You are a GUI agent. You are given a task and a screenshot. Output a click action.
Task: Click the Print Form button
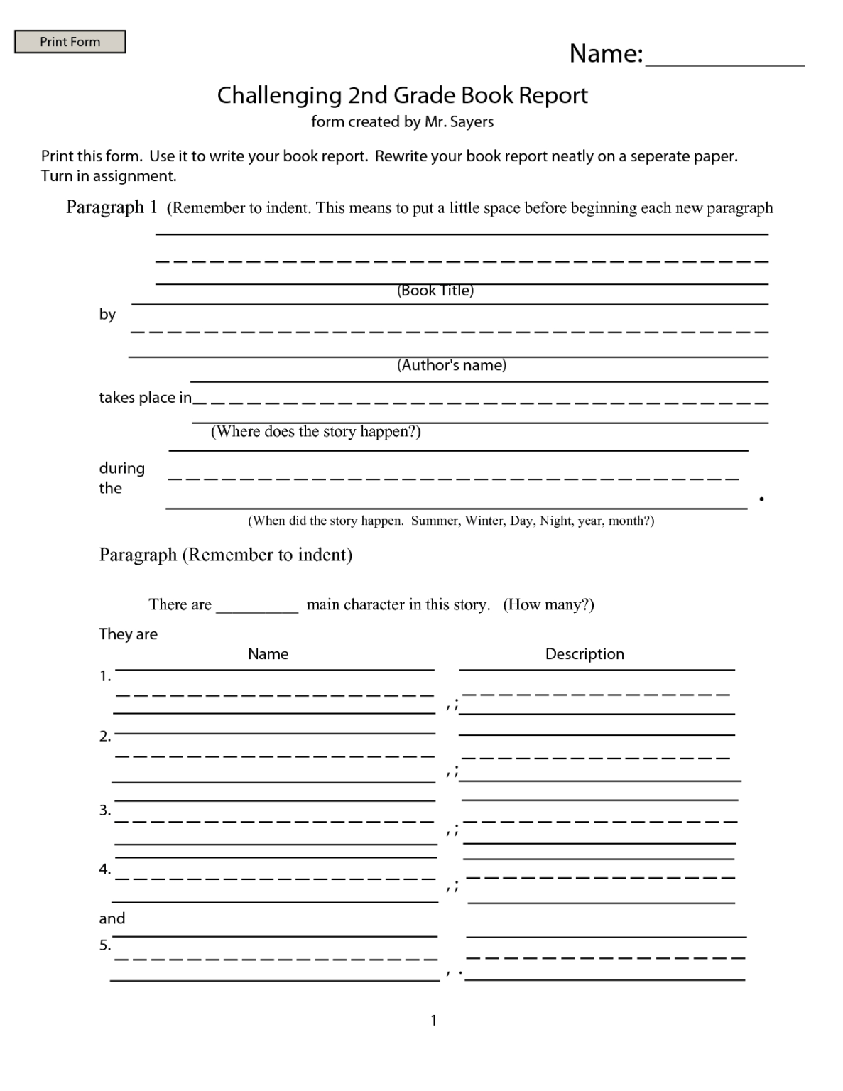(x=70, y=42)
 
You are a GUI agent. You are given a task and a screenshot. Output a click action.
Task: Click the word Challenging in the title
(x=279, y=95)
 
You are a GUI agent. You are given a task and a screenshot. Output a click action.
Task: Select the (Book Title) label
(x=435, y=291)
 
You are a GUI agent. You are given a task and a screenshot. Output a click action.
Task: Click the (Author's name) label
(x=452, y=365)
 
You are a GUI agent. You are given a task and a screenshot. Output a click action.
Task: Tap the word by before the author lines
(x=107, y=314)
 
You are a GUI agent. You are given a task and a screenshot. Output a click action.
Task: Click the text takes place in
(x=145, y=398)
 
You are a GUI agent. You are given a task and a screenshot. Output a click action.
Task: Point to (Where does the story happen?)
(x=315, y=432)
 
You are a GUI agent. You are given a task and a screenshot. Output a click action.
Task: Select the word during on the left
(x=121, y=468)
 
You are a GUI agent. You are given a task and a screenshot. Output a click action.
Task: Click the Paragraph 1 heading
(x=111, y=207)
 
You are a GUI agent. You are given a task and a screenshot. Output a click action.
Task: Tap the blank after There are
(x=256, y=606)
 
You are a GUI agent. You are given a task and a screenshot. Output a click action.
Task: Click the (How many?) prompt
(x=548, y=604)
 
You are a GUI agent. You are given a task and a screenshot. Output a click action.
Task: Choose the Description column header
(x=584, y=654)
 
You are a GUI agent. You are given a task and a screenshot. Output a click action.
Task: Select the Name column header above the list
(x=268, y=654)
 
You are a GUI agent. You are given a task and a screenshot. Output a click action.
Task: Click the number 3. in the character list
(x=105, y=810)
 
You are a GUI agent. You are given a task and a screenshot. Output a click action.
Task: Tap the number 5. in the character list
(x=105, y=945)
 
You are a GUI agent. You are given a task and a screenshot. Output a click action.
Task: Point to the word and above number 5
(x=112, y=918)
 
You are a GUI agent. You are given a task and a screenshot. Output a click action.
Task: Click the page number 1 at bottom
(x=433, y=1021)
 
